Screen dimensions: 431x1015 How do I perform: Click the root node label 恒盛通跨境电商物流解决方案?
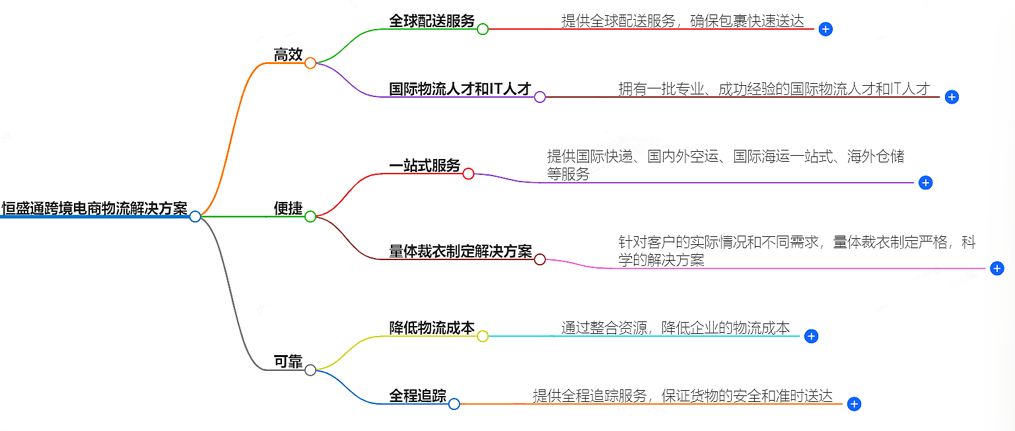94,208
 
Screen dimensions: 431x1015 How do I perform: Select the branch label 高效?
288,55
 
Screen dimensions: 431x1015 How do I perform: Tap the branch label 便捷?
288,209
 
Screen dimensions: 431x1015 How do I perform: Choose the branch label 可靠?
288,362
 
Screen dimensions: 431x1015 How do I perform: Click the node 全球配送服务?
432,20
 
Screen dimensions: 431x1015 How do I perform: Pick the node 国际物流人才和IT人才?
460,88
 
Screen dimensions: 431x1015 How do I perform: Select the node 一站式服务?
425,166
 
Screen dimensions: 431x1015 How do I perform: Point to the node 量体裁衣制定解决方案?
460,251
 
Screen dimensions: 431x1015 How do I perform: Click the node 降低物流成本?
432,327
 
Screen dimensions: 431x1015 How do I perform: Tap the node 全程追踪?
417,396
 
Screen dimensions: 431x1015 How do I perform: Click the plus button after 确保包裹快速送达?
825,29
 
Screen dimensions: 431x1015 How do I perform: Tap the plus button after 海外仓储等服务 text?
925,183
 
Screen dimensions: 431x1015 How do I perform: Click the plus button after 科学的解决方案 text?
997,268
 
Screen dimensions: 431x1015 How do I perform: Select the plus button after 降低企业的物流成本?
812,336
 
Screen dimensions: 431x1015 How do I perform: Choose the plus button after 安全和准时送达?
854,404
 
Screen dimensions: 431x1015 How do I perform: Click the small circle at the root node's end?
195,216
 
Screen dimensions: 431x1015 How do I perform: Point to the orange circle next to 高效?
310,63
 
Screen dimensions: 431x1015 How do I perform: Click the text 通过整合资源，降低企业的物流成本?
675,328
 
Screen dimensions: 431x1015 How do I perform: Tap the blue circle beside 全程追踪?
454,404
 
